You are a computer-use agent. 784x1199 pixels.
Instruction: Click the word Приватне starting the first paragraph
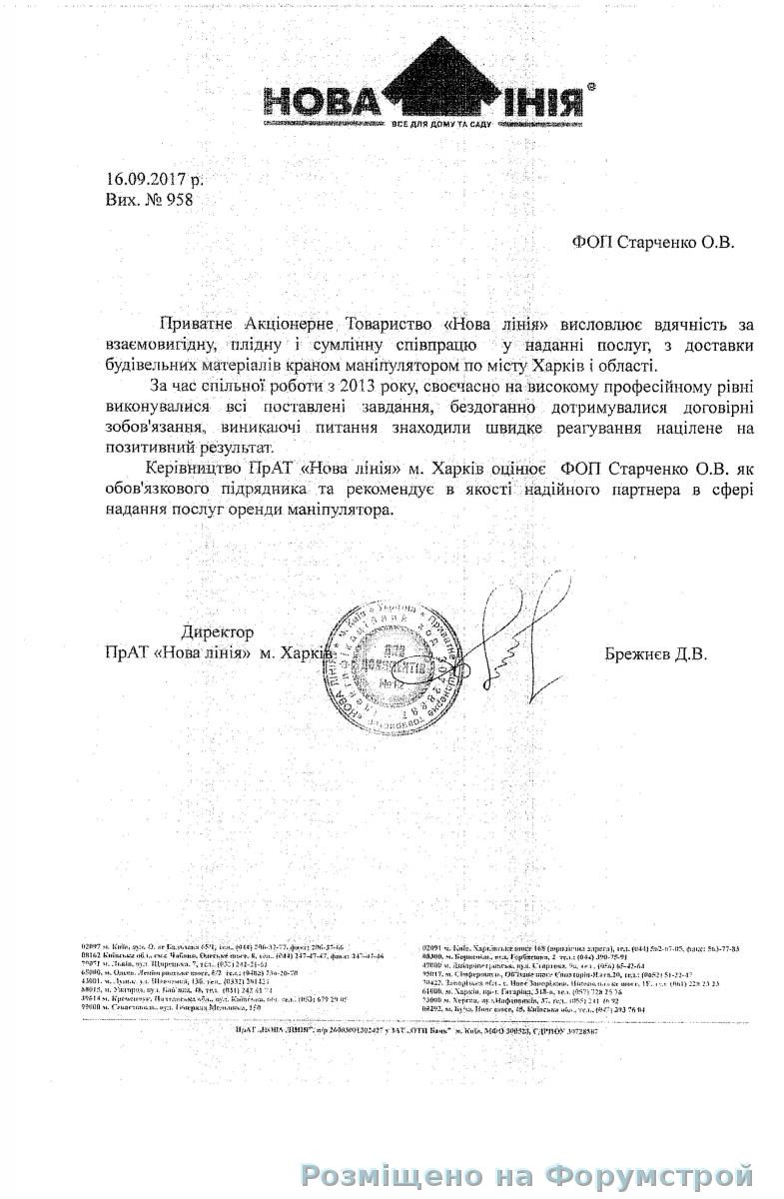(x=196, y=325)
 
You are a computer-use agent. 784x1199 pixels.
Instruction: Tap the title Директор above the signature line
(x=218, y=632)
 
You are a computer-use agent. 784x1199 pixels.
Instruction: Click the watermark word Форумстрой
(x=660, y=1174)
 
